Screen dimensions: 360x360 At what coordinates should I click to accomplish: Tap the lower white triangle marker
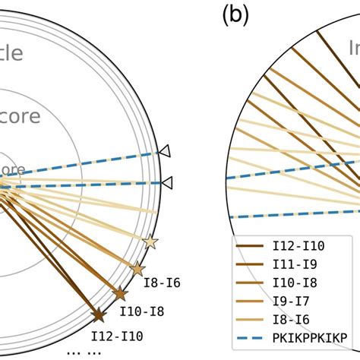coord(167,182)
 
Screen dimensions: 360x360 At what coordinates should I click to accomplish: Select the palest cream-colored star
coord(150,242)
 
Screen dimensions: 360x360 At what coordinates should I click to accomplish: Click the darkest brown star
coord(98,314)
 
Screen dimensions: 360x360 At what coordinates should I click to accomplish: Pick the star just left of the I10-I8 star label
coord(119,293)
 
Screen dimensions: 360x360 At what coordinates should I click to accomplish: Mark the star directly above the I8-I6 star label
coord(137,269)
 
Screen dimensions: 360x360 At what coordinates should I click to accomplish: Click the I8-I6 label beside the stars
coord(162,284)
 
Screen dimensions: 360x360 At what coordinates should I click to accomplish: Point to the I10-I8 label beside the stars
coord(142,310)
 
